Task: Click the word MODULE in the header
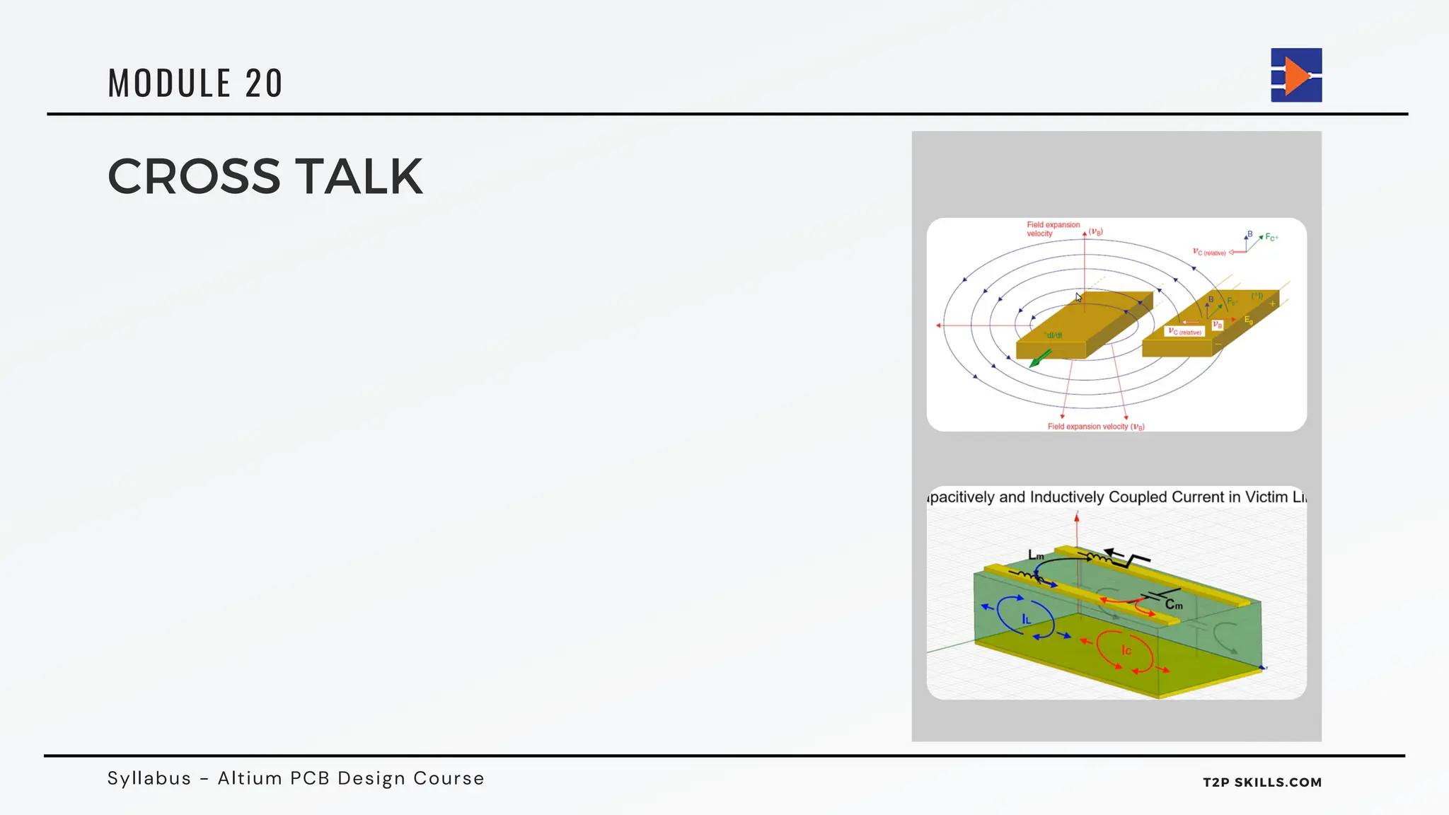pos(169,83)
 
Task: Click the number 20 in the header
pos(264,83)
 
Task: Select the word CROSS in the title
pos(194,176)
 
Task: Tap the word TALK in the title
pos(359,176)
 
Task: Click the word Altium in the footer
pos(250,778)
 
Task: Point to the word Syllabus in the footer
pos(149,778)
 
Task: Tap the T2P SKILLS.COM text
pos(1262,782)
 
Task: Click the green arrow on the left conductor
pos(1039,358)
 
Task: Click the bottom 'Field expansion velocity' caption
pos(1095,427)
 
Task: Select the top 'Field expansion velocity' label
pos(1053,229)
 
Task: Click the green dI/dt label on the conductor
pos(1053,335)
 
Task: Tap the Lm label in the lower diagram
pos(1036,555)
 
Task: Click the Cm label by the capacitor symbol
pos(1174,604)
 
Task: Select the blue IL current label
pos(1026,619)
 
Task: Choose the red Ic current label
pos(1126,649)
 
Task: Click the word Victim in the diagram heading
pos(1266,497)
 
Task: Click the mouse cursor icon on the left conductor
pos(1078,297)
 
